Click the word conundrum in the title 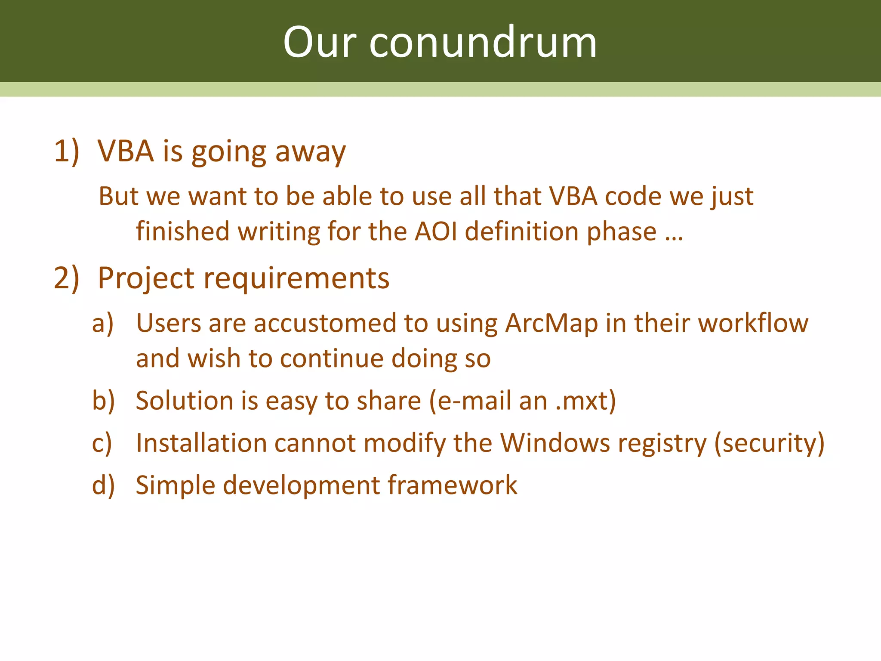483,43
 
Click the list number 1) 67,151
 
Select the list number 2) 67,278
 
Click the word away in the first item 310,153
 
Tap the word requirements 296,279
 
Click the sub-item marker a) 103,324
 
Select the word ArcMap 551,324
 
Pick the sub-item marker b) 104,401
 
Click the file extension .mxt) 585,401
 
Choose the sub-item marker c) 102,443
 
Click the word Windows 555,443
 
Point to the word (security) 769,444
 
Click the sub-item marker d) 104,485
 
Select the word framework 453,485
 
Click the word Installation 201,443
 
